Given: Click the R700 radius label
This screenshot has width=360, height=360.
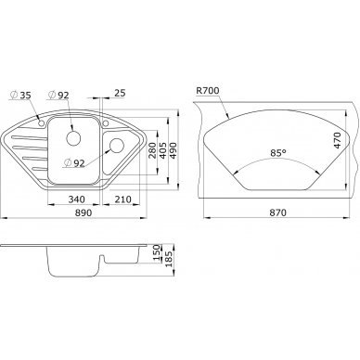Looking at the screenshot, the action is [208, 90].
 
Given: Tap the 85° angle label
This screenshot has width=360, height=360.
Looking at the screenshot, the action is [277, 153].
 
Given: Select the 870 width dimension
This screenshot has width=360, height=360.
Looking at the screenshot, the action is [277, 212].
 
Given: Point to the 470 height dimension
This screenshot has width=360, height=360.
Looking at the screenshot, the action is [337, 140].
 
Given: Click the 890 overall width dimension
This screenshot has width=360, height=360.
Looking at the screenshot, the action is [84, 212].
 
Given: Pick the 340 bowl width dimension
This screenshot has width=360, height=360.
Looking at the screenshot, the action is [76, 199].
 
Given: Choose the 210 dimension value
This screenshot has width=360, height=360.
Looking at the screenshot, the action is [122, 199].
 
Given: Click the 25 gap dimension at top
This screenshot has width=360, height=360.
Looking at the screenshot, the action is [120, 93].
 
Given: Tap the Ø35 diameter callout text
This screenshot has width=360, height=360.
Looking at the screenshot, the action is [20, 95].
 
